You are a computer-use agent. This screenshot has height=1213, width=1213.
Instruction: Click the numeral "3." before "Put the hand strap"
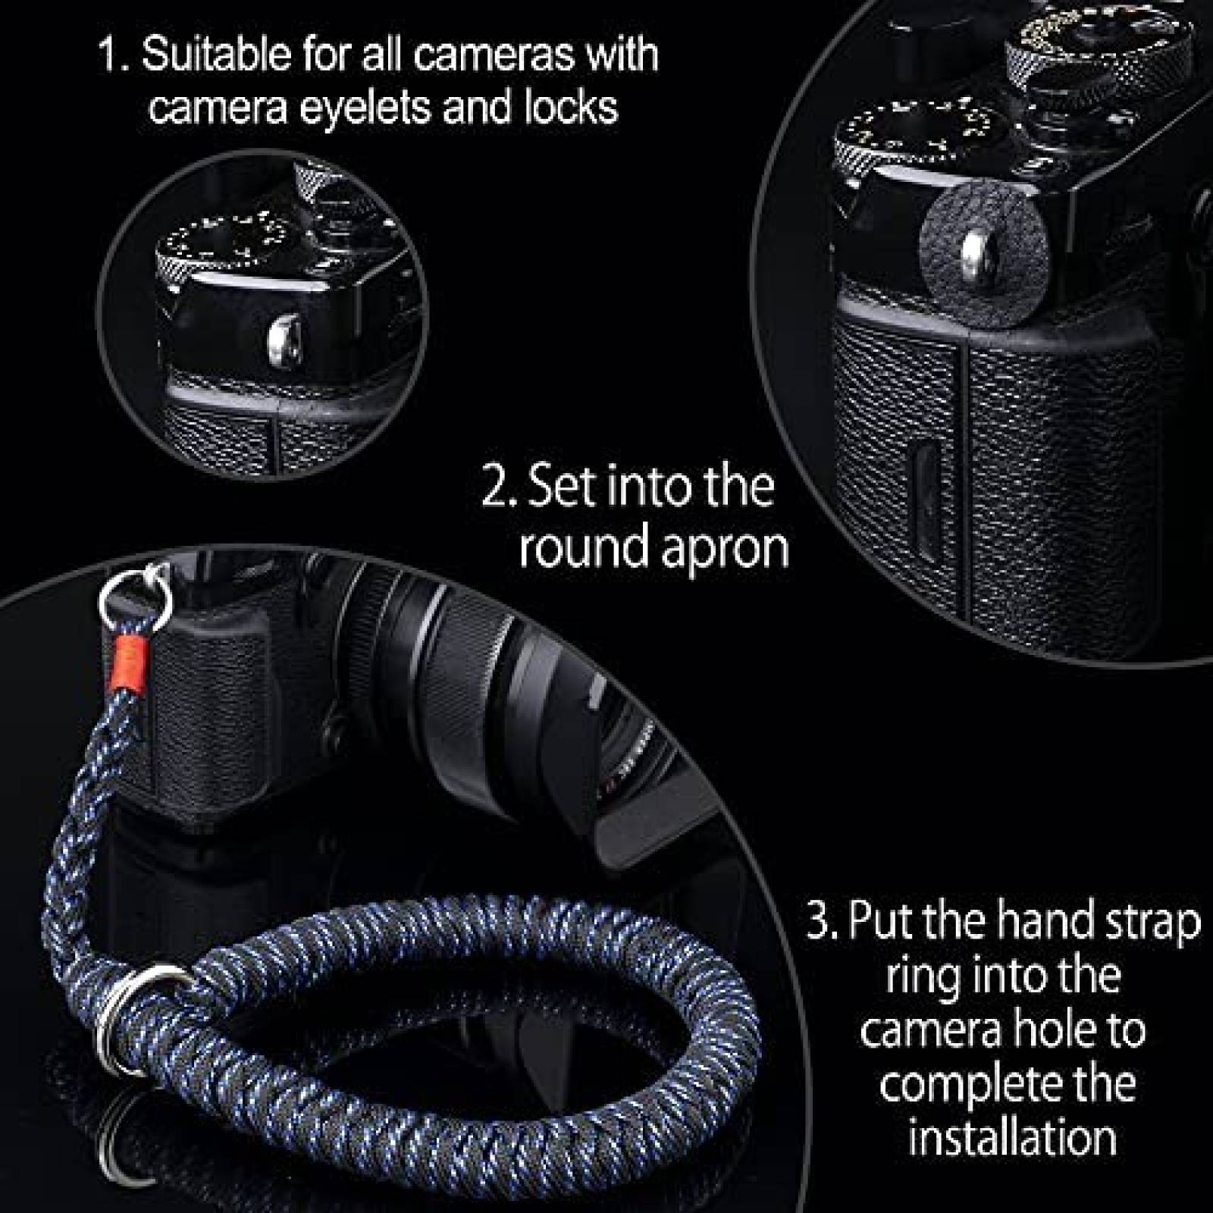click(822, 922)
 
